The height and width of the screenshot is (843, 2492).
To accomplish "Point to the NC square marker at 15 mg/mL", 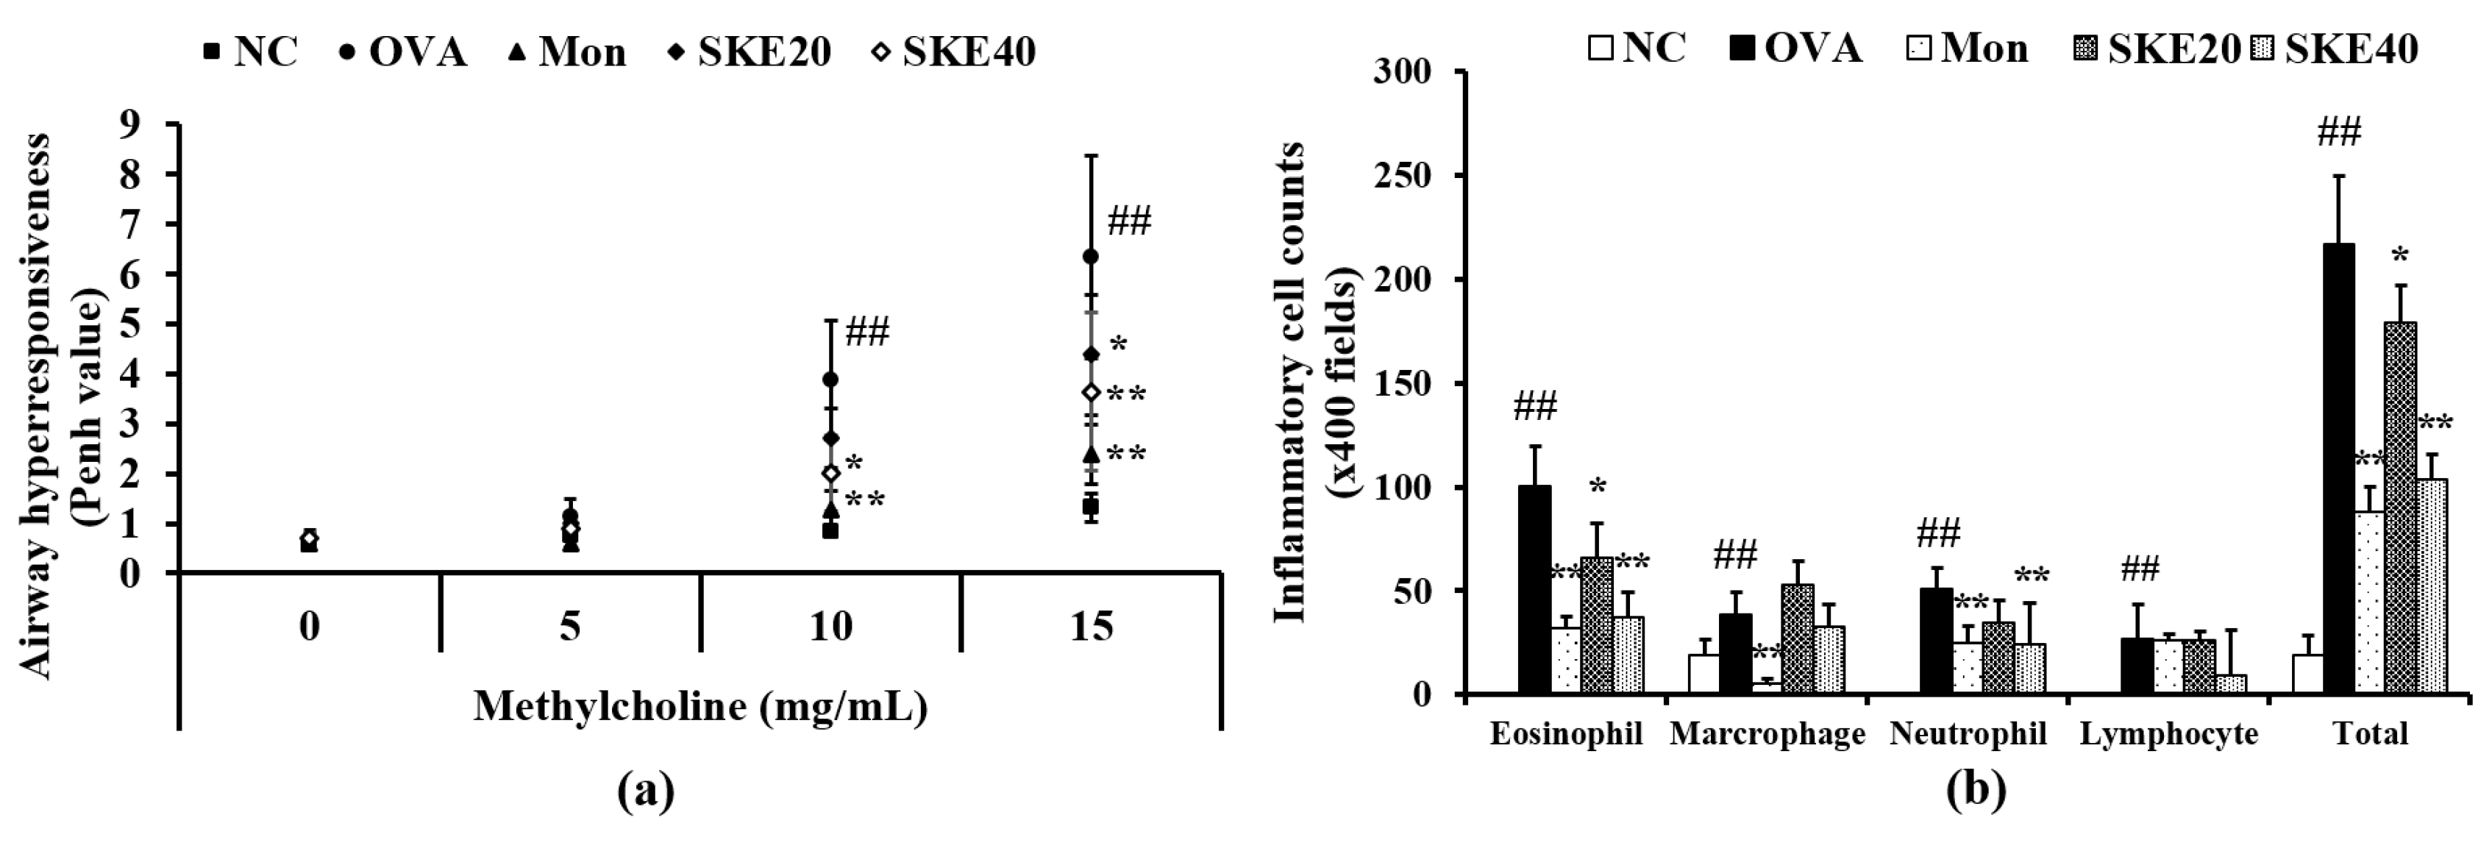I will (1090, 506).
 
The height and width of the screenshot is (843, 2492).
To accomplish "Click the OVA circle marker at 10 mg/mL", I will (830, 378).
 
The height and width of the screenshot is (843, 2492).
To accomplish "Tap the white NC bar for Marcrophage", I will (1704, 674).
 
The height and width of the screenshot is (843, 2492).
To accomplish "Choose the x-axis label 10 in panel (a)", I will (830, 627).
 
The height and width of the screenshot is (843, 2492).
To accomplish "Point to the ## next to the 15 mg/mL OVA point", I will (1129, 223).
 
